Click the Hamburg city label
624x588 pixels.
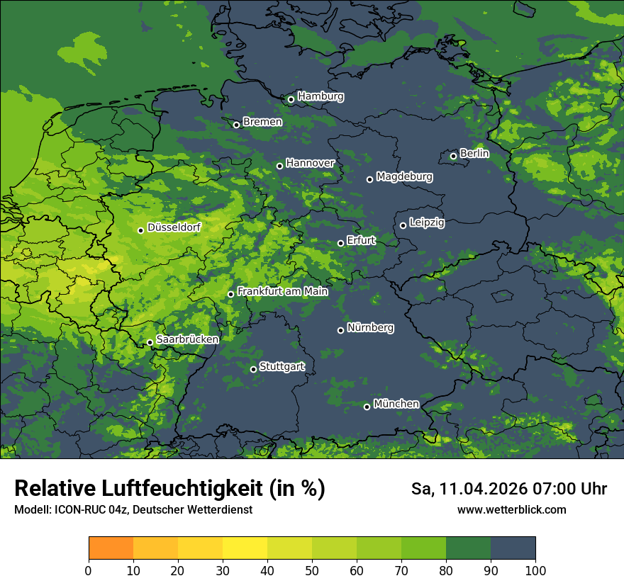[x=321, y=96]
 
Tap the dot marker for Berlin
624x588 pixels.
[x=453, y=156]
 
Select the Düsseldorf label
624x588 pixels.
[x=174, y=228]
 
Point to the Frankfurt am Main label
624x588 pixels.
[x=282, y=291]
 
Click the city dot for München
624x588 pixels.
[x=367, y=407]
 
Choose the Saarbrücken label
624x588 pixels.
[x=187, y=339]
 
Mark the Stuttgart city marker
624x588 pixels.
[x=253, y=369]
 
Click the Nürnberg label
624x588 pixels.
[x=370, y=328]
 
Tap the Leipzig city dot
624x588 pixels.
[x=403, y=225]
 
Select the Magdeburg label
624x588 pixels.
[x=404, y=176]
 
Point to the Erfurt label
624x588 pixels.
[x=361, y=240]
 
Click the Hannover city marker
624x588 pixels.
[x=279, y=166]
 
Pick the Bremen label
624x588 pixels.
[x=262, y=122]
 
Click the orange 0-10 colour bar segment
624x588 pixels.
[x=111, y=548]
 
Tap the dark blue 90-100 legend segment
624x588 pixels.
[x=513, y=548]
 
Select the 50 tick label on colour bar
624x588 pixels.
[x=311, y=570]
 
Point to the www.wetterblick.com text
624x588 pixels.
[x=511, y=510]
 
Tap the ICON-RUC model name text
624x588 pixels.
[x=72, y=510]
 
